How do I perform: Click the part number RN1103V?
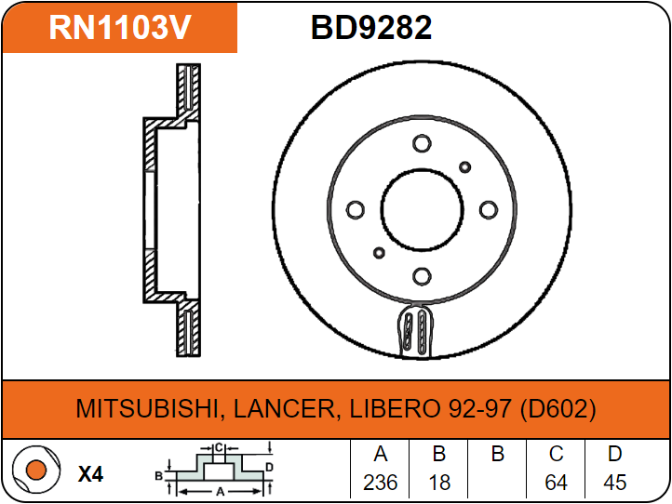[119, 28]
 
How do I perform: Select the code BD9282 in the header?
[371, 28]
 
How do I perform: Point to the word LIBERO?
[396, 409]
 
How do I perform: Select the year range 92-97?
[479, 409]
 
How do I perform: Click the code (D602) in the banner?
[558, 409]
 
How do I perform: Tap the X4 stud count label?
[91, 474]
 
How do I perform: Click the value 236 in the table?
[380, 483]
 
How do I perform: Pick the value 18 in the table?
[439, 483]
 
